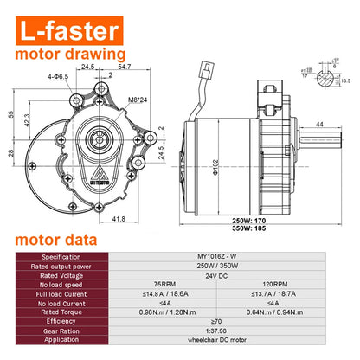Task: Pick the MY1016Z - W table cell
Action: [232, 255]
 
